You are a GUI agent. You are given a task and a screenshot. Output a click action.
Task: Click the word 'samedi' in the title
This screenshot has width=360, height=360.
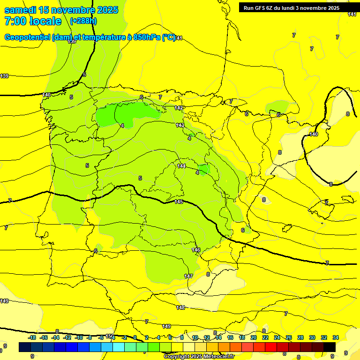(x=22, y=10)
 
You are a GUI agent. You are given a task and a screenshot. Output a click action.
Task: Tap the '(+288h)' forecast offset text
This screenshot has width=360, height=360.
(x=83, y=21)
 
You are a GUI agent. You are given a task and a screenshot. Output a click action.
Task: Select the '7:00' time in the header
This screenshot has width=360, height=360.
(x=16, y=21)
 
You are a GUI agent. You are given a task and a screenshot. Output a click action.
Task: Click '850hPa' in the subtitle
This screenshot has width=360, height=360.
(x=144, y=37)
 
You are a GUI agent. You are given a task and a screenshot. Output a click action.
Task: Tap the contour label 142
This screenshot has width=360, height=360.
(x=179, y=108)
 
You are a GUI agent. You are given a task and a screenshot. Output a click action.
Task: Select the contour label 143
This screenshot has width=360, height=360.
(x=180, y=125)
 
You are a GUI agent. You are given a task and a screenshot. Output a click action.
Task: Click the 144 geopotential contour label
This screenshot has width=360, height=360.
(x=181, y=166)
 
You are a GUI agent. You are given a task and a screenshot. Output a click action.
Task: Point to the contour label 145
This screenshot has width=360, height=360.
(x=179, y=202)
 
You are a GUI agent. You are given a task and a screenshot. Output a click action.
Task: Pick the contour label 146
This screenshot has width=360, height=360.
(x=196, y=250)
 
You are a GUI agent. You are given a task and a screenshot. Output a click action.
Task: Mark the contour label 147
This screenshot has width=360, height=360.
(x=188, y=276)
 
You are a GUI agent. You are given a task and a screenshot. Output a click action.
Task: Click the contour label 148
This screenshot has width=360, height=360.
(x=180, y=307)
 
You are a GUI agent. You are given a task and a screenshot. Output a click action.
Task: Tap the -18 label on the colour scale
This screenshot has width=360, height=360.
(x=32, y=337)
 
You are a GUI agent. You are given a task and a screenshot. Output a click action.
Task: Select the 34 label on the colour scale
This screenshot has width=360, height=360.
(x=336, y=337)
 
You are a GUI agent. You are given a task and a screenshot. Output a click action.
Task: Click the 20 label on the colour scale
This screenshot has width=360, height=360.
(x=254, y=337)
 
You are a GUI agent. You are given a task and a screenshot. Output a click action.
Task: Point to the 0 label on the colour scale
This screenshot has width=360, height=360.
(x=135, y=337)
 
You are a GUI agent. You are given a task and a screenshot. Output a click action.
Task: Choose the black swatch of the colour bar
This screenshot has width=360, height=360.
(x=330, y=347)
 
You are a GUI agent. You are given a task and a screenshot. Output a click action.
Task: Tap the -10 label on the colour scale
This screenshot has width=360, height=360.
(x=79, y=337)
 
